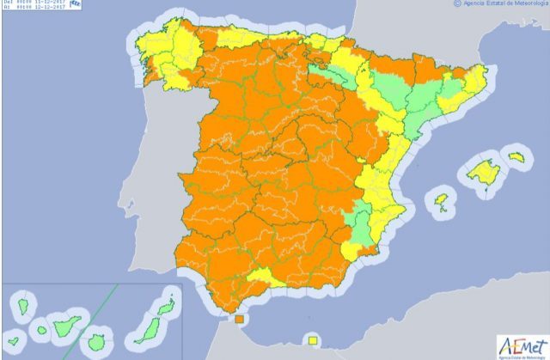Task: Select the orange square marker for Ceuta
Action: [x=239, y=321]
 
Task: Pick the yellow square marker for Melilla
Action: [x=314, y=339]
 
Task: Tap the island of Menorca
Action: [x=516, y=157]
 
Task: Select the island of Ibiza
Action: [x=443, y=202]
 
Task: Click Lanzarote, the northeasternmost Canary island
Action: [x=167, y=303]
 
